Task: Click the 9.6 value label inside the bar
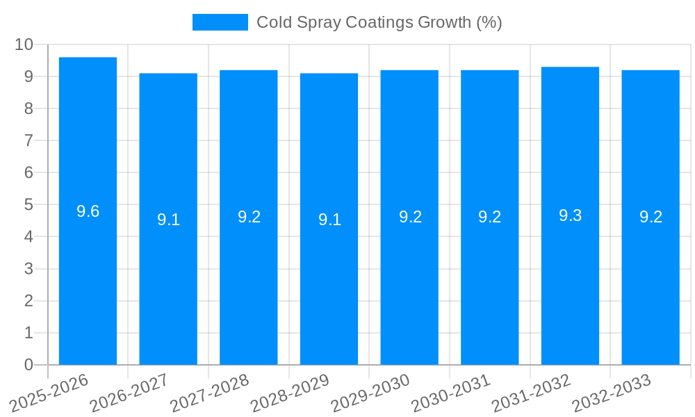88,211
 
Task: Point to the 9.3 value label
570,215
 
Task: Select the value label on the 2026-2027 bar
168,220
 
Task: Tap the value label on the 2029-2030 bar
409,216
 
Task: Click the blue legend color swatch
220,22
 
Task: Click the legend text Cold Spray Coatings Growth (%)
379,22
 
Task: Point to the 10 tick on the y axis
24,44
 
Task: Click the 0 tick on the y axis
28,365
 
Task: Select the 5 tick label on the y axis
28,205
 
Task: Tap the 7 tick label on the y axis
28,140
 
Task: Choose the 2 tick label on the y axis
28,301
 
